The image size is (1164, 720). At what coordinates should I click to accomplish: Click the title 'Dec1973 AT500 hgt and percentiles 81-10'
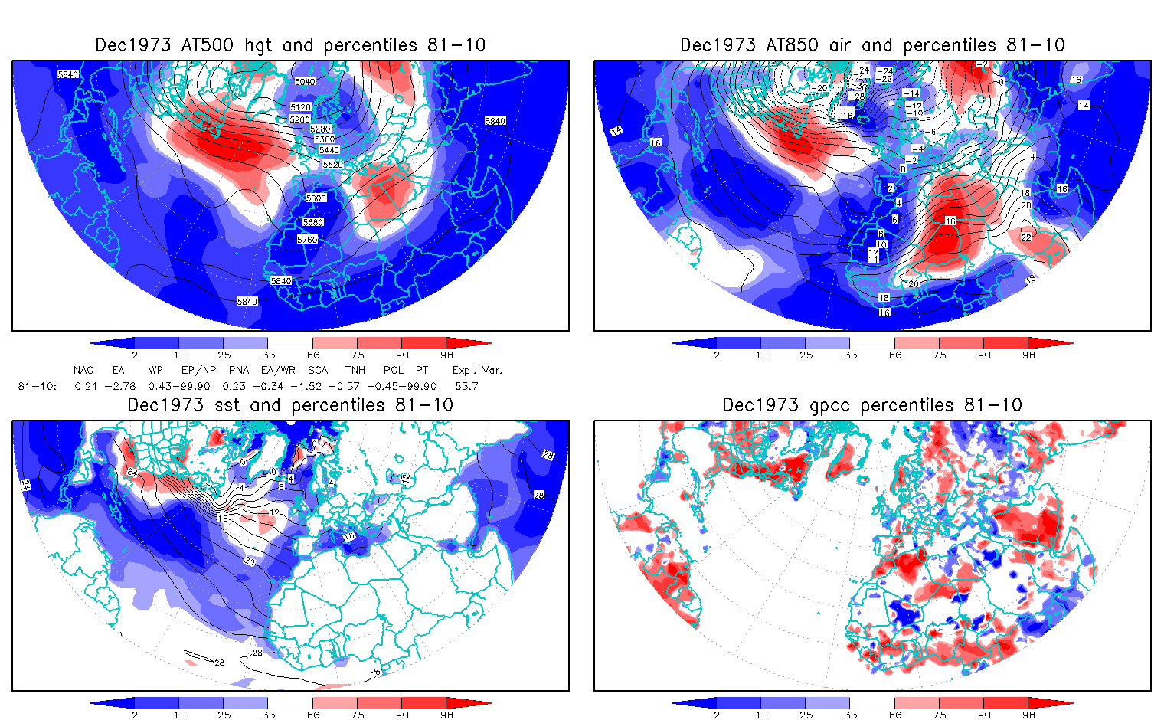point(290,45)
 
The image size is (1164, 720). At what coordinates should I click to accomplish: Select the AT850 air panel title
point(872,45)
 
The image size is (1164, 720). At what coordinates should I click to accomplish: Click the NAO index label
point(83,370)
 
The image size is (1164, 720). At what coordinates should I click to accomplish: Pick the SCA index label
point(318,370)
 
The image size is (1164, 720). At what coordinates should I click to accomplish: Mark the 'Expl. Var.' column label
point(477,370)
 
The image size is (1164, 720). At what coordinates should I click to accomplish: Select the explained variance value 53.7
point(466,386)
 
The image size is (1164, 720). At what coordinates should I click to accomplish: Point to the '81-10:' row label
point(37,386)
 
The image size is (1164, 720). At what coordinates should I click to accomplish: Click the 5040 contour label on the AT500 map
point(305,82)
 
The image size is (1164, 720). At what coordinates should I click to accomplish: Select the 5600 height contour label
point(316,198)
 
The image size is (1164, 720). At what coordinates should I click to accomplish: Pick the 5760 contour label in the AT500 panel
point(307,240)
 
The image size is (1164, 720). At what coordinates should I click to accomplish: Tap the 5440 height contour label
point(329,150)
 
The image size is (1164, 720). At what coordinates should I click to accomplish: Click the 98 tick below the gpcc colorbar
point(1028,715)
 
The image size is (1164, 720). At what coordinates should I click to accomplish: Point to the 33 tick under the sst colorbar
point(268,715)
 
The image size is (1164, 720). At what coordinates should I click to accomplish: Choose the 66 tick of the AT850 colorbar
point(895,355)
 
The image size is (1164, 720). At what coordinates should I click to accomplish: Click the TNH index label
point(355,370)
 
